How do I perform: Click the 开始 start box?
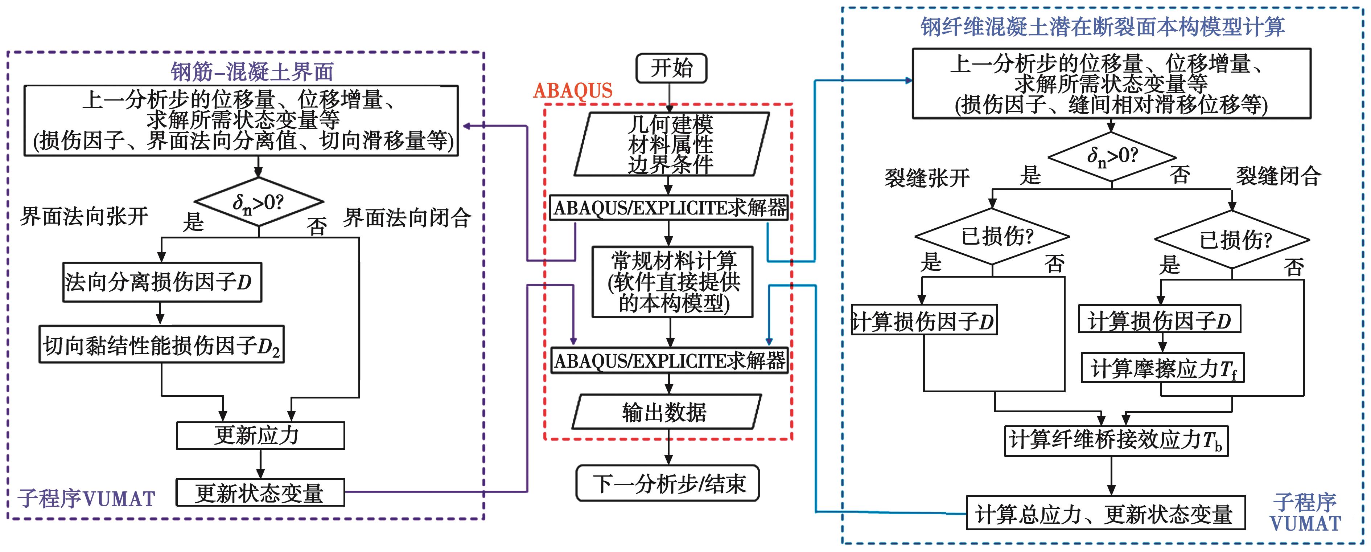pos(671,68)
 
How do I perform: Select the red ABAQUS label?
pos(573,90)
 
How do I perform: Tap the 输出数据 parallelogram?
pos(666,412)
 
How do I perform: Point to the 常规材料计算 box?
pos(673,282)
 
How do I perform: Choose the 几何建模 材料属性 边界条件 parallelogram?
pos(671,144)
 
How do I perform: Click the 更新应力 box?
pos(260,436)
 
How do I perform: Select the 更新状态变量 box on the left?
pos(260,493)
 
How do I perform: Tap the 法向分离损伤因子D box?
pos(162,282)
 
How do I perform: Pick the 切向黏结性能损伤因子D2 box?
pos(161,345)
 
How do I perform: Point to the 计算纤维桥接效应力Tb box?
pos(1116,441)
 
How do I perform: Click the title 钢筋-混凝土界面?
pos(252,72)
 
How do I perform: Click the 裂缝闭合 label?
pos(1278,176)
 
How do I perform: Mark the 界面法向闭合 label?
pos(407,218)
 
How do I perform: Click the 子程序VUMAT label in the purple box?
pos(86,499)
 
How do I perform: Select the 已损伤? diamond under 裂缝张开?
pos(992,236)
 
